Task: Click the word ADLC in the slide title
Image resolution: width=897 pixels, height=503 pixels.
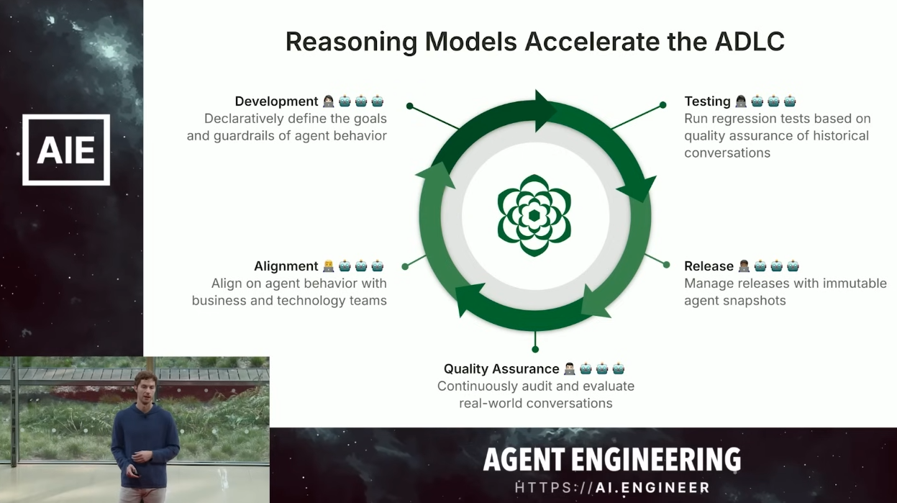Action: pyautogui.click(x=750, y=41)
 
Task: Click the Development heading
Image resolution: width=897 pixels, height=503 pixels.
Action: pyautogui.click(x=276, y=101)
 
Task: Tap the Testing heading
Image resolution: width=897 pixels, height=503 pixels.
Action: pyautogui.click(x=707, y=101)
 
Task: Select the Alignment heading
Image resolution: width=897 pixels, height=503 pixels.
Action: pyautogui.click(x=286, y=266)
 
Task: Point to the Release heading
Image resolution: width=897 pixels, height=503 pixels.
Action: pyautogui.click(x=709, y=266)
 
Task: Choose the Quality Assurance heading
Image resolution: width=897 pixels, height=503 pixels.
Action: pyautogui.click(x=501, y=369)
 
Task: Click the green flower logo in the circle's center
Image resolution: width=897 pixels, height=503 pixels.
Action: pyautogui.click(x=534, y=215)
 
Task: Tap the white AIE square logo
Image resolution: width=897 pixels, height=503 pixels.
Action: pyautogui.click(x=66, y=150)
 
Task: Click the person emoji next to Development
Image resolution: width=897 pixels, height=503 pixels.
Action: pyautogui.click(x=328, y=101)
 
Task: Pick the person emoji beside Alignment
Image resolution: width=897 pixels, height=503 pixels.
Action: pyautogui.click(x=328, y=266)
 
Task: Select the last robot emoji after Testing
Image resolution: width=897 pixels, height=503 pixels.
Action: pyautogui.click(x=790, y=101)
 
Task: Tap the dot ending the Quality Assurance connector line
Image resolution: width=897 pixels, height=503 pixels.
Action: pyautogui.click(x=535, y=349)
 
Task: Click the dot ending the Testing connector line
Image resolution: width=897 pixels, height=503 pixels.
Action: pyautogui.click(x=662, y=105)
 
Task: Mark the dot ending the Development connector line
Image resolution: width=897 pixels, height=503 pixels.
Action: pyautogui.click(x=410, y=106)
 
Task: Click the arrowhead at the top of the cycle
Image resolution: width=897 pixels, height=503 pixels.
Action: pyautogui.click(x=545, y=111)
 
